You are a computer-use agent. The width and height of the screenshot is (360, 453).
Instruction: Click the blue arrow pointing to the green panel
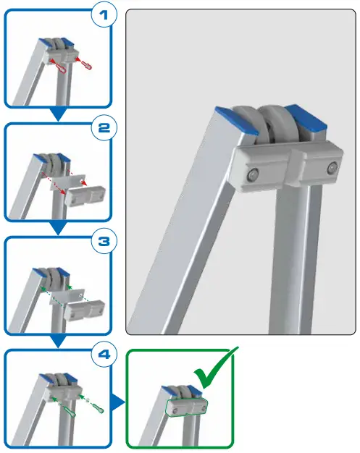point(117,400)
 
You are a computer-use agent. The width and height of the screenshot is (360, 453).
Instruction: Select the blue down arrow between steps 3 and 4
point(58,341)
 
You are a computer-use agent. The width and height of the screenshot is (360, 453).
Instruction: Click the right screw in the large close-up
point(331,168)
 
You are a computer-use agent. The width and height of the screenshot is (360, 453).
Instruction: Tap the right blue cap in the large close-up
point(304,116)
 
